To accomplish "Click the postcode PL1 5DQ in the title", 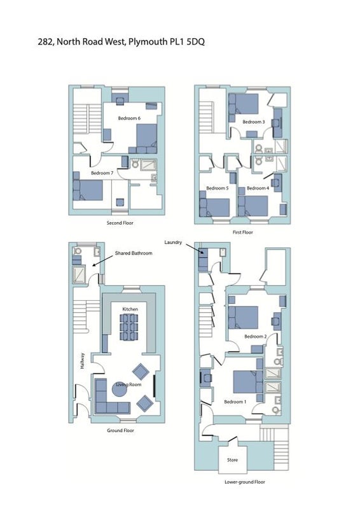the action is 187,42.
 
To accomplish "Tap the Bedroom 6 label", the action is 129,118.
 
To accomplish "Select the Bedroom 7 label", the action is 102,173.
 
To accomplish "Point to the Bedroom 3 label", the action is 254,122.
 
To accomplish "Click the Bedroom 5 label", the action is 218,188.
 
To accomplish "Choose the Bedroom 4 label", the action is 258,188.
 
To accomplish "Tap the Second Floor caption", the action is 120,223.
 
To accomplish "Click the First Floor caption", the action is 243,232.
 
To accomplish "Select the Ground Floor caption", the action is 120,431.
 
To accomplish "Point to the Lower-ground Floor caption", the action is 245,482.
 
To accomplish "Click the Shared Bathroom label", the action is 134,253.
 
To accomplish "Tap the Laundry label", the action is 173,242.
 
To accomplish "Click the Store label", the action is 232,460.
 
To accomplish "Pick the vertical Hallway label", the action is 83,361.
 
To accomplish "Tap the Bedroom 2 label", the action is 256,337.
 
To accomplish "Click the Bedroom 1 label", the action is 235,402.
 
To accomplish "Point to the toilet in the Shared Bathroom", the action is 78,251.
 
